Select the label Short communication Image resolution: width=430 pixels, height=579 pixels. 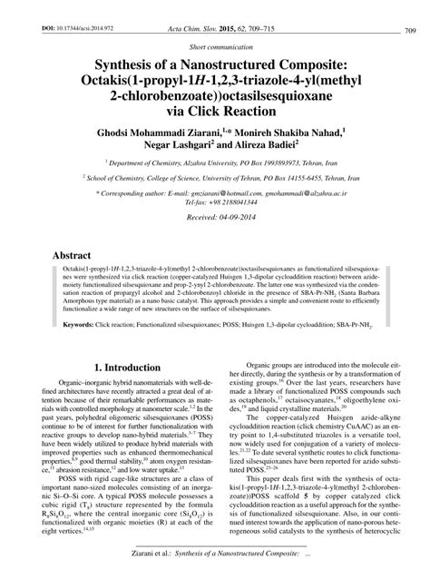pyautogui.click(x=215, y=45)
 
